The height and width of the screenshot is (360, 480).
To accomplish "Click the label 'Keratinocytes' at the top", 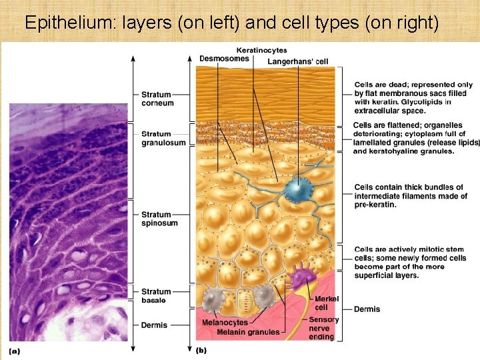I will tap(262, 50).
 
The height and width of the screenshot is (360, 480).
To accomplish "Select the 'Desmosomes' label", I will tap(224, 59).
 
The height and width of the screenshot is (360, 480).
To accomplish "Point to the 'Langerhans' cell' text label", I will tap(298, 62).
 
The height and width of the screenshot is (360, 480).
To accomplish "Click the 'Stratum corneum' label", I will tap(157, 99).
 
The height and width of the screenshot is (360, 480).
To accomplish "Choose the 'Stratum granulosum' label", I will tap(163, 138).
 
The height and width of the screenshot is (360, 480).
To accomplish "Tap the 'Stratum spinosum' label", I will tap(159, 219).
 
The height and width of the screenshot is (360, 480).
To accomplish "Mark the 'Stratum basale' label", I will tap(156, 296).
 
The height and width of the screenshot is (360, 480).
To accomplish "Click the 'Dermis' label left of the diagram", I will tap(154, 325).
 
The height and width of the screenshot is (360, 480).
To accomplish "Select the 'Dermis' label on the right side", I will tap(367, 309).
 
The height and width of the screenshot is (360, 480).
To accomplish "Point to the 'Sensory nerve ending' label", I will tap(323, 328).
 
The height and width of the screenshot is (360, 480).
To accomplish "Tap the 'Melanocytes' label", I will tap(225, 323).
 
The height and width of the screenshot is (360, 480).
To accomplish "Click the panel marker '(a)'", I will tap(15, 350).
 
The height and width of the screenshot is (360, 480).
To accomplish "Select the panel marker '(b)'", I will tap(201, 350).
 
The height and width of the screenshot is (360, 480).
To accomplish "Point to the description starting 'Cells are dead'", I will tap(413, 98).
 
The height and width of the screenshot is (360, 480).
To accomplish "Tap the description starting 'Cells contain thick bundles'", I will tap(409, 196).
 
